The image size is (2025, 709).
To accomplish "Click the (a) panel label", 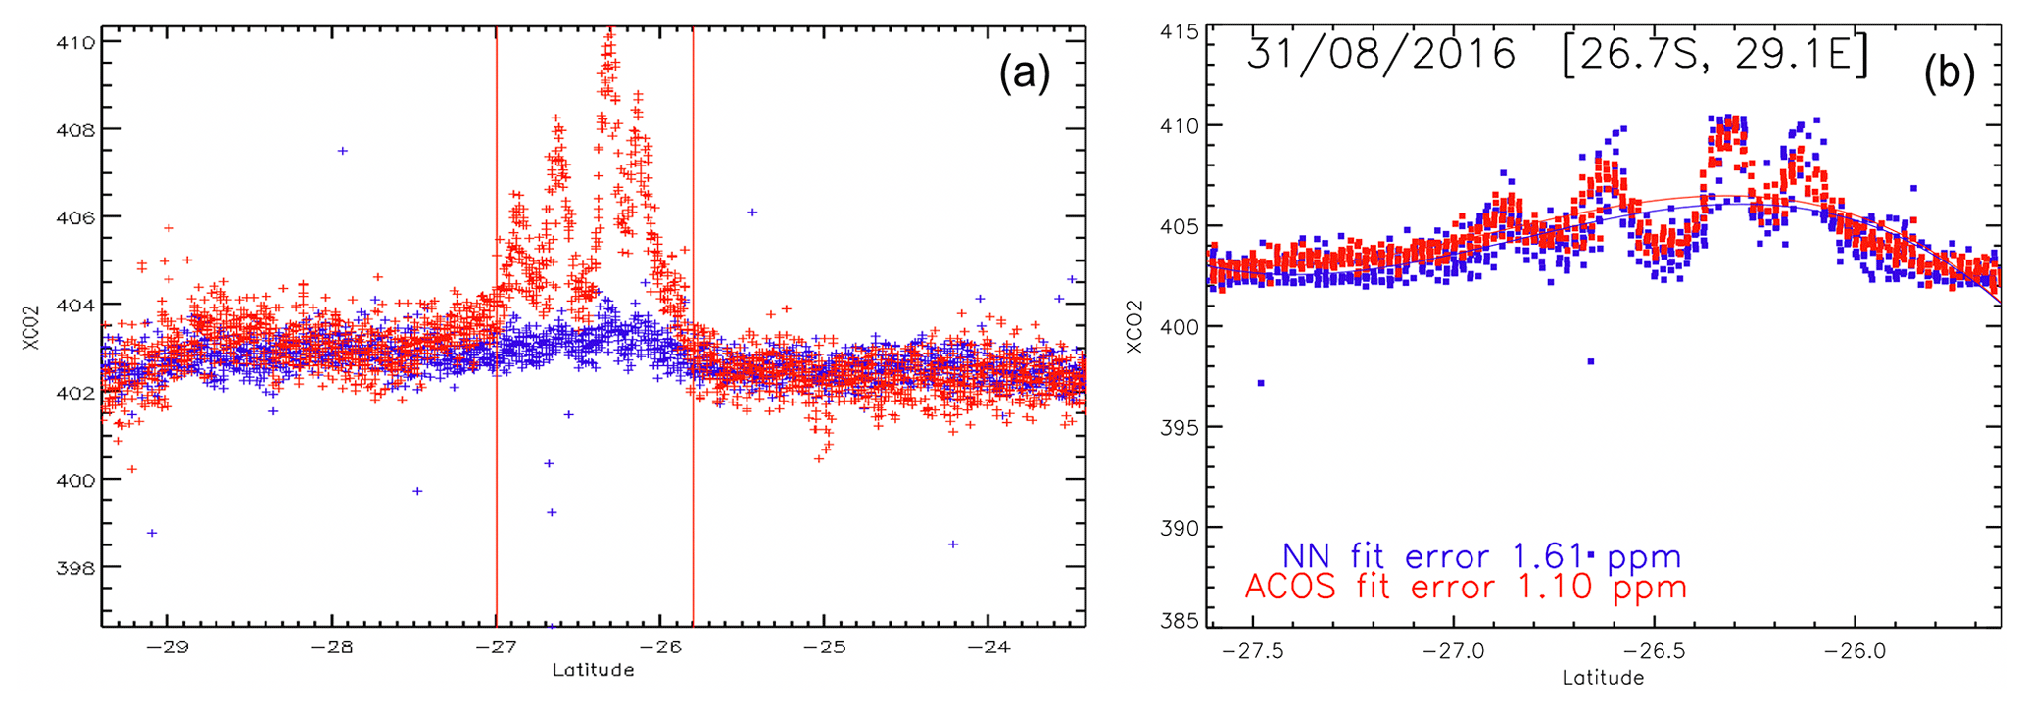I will tap(1024, 74).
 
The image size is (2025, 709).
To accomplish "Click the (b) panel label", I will tap(1949, 74).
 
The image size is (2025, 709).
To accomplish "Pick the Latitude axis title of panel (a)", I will tap(593, 671).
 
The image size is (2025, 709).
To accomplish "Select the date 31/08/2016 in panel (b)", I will tap(1381, 54).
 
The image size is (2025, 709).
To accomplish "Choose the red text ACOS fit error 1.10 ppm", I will tap(1465, 588).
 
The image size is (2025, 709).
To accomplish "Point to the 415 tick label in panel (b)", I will tap(1180, 32).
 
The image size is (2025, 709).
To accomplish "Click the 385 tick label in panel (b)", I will tap(1180, 620).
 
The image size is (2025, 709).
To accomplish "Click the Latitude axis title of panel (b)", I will tap(1603, 678).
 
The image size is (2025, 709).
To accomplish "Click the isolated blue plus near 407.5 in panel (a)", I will tap(342, 151).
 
